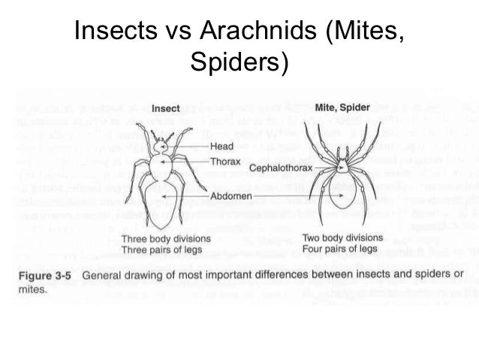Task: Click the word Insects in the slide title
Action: [x=114, y=34]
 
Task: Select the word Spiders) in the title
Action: [x=239, y=63]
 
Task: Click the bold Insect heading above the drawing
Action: [x=166, y=108]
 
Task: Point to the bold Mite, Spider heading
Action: [x=342, y=108]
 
